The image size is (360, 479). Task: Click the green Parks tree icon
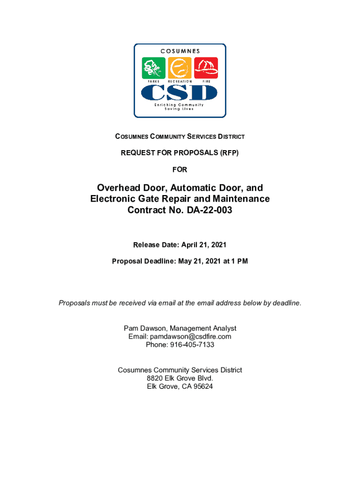[x=154, y=68]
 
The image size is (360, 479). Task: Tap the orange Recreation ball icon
[x=180, y=68]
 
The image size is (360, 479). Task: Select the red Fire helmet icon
[x=206, y=68]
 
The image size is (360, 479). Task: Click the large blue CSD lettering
[x=180, y=92]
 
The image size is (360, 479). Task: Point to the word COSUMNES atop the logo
[x=180, y=51]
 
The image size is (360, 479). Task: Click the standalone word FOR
[x=180, y=169]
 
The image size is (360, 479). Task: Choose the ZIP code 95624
[x=203, y=387]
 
